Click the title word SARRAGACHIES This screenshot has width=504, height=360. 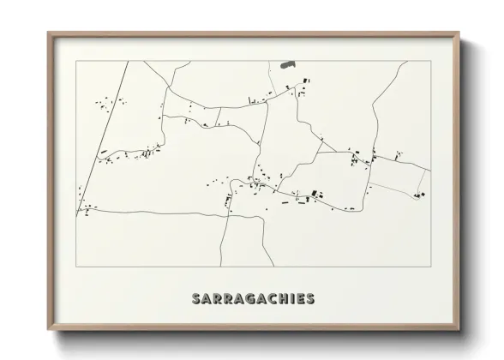[x=253, y=299]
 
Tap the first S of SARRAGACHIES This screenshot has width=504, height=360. [x=196, y=299]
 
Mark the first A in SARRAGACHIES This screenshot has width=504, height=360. [x=207, y=299]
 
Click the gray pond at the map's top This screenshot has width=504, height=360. [x=286, y=64]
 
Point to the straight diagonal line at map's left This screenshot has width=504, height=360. [x=103, y=137]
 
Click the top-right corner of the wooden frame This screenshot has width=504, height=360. [x=459, y=33]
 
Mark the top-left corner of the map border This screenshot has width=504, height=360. [x=76, y=61]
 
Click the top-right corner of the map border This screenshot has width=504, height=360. [x=431, y=61]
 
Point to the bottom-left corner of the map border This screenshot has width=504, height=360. [x=76, y=267]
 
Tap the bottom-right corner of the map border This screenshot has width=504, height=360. [x=431, y=267]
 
